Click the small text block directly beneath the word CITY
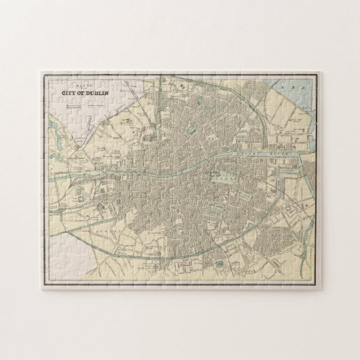point(75,107)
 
